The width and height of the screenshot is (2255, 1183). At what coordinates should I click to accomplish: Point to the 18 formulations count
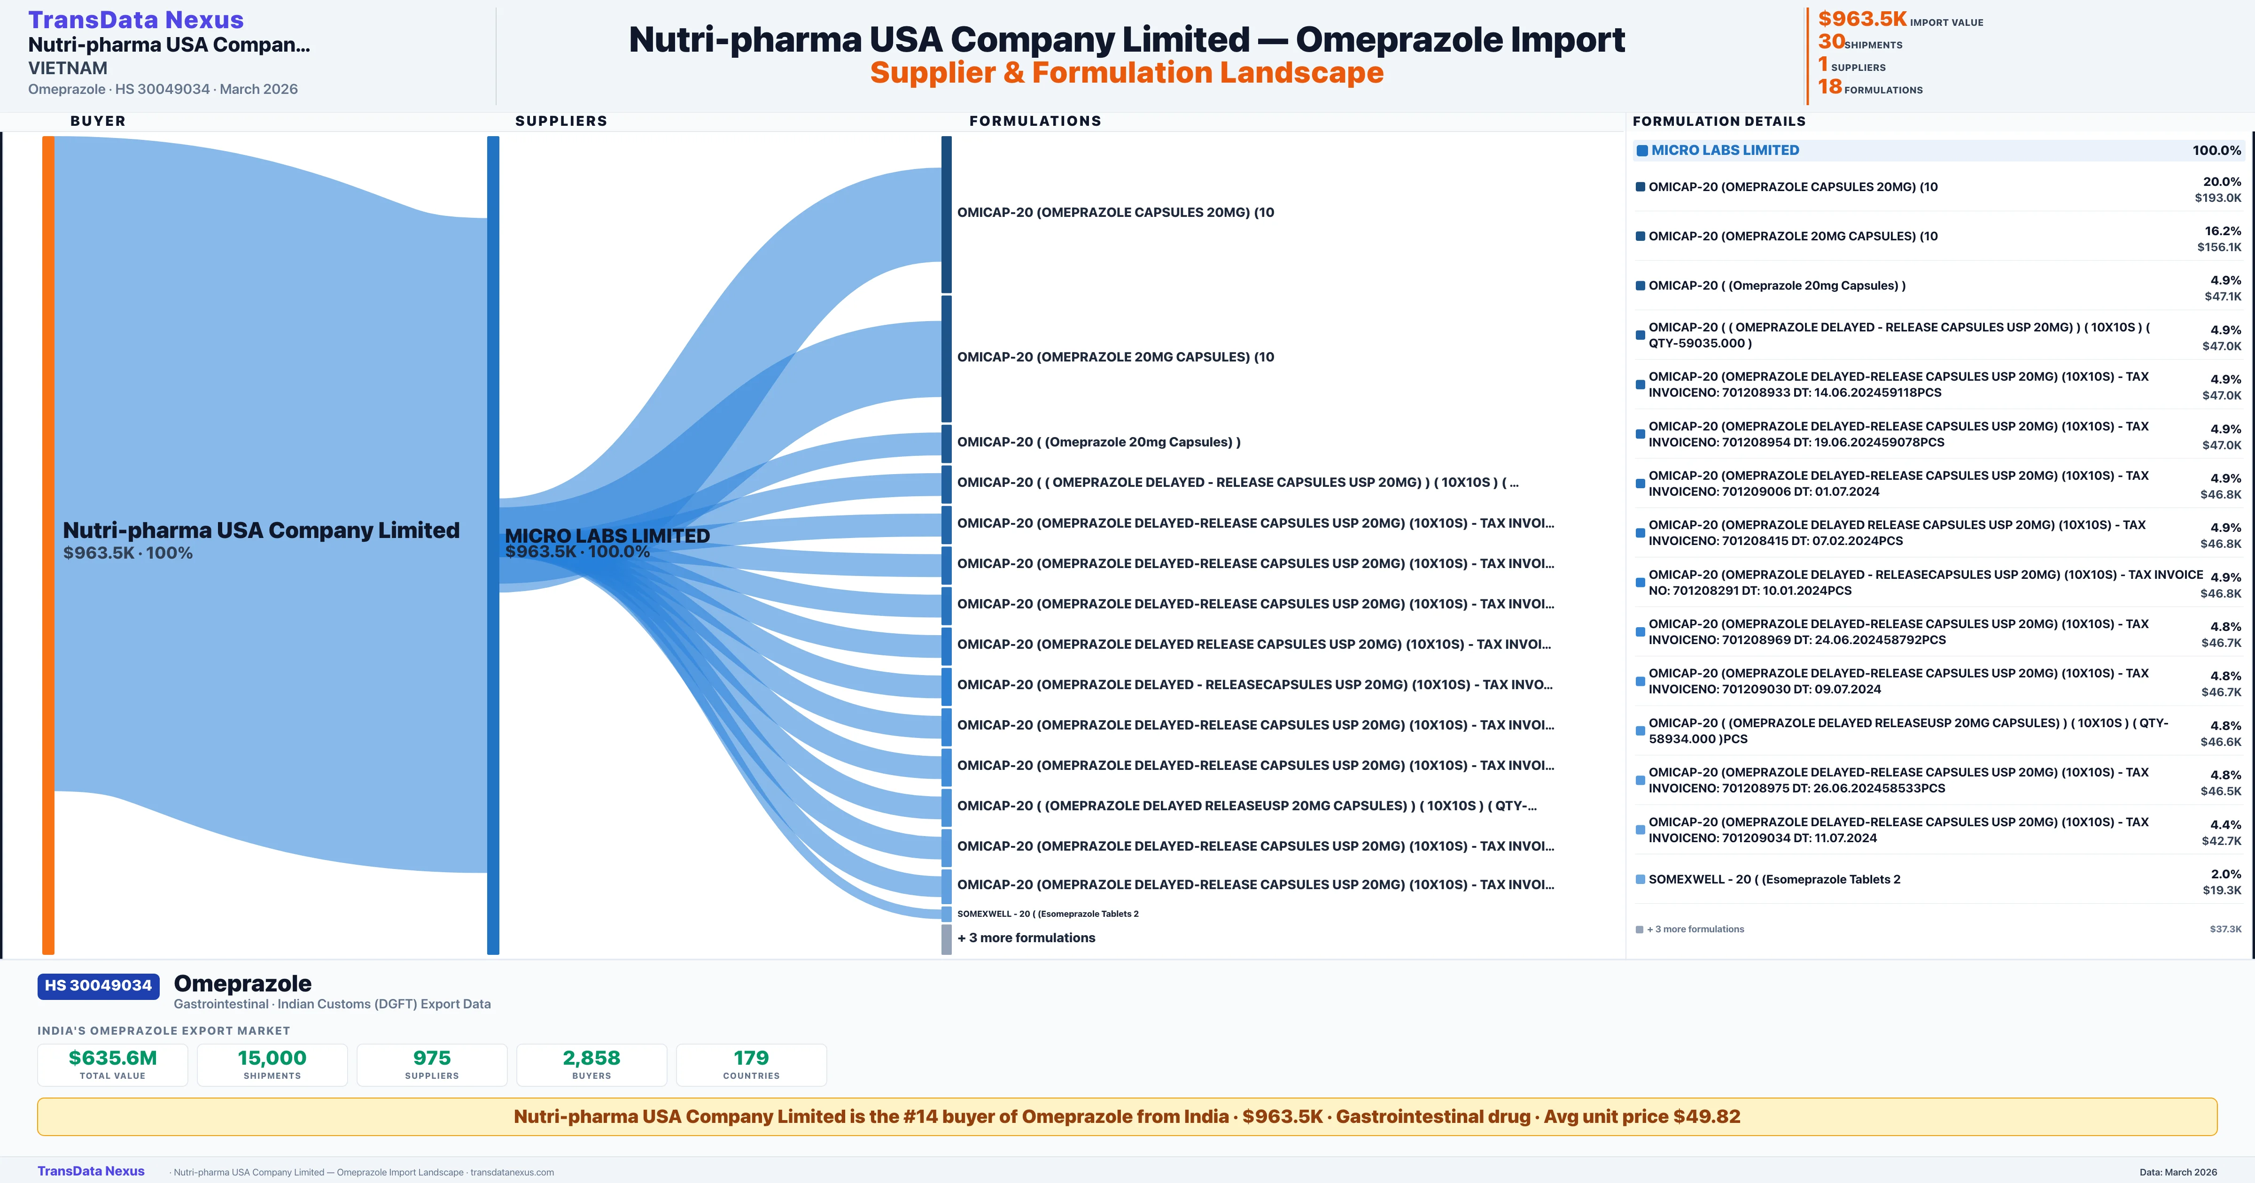pos(1829,87)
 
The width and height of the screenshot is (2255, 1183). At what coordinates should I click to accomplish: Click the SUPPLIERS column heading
pos(560,121)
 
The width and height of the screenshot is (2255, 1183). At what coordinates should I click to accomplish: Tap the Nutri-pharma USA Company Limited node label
pos(261,530)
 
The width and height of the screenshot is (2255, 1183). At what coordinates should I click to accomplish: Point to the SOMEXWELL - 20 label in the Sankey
pos(1047,914)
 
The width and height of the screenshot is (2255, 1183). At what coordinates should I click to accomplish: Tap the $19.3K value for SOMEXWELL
pos(2222,891)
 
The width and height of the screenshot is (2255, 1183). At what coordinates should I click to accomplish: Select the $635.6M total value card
pos(112,1064)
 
